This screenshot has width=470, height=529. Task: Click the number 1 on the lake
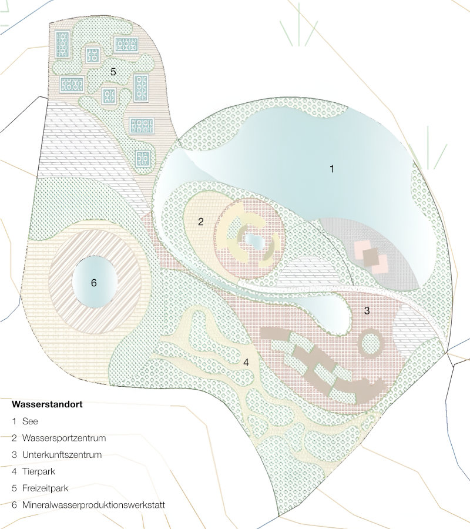pyautogui.click(x=332, y=169)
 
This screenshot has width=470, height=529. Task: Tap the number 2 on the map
pyautogui.click(x=201, y=222)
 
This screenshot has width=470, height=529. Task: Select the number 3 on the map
pyautogui.click(x=367, y=311)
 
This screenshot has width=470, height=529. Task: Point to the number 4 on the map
pyautogui.click(x=246, y=363)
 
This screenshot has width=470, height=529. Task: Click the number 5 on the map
pyautogui.click(x=113, y=71)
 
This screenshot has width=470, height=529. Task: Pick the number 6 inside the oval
pyautogui.click(x=93, y=283)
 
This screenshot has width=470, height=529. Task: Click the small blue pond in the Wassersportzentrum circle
pyautogui.click(x=253, y=240)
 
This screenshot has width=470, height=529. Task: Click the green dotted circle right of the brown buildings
pyautogui.click(x=370, y=344)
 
